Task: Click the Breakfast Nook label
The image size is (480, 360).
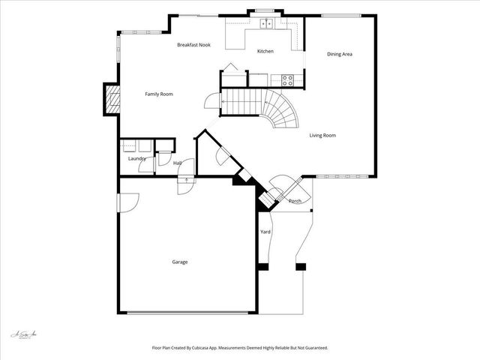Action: click(x=193, y=45)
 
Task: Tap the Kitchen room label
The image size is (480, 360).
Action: click(x=265, y=51)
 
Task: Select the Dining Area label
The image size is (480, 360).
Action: click(x=340, y=54)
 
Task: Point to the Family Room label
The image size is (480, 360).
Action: click(x=159, y=94)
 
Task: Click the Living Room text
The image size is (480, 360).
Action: click(x=322, y=136)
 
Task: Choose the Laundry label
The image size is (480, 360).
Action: click(x=136, y=158)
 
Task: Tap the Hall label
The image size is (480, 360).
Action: click(x=178, y=163)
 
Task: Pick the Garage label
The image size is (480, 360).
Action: click(x=180, y=262)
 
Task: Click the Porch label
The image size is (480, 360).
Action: click(x=295, y=201)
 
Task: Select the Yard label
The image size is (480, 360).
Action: click(x=265, y=232)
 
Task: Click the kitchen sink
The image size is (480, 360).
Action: click(x=266, y=24)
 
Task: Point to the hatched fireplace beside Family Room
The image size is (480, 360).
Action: click(x=112, y=99)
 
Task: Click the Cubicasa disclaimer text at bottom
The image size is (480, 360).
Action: click(x=240, y=348)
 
